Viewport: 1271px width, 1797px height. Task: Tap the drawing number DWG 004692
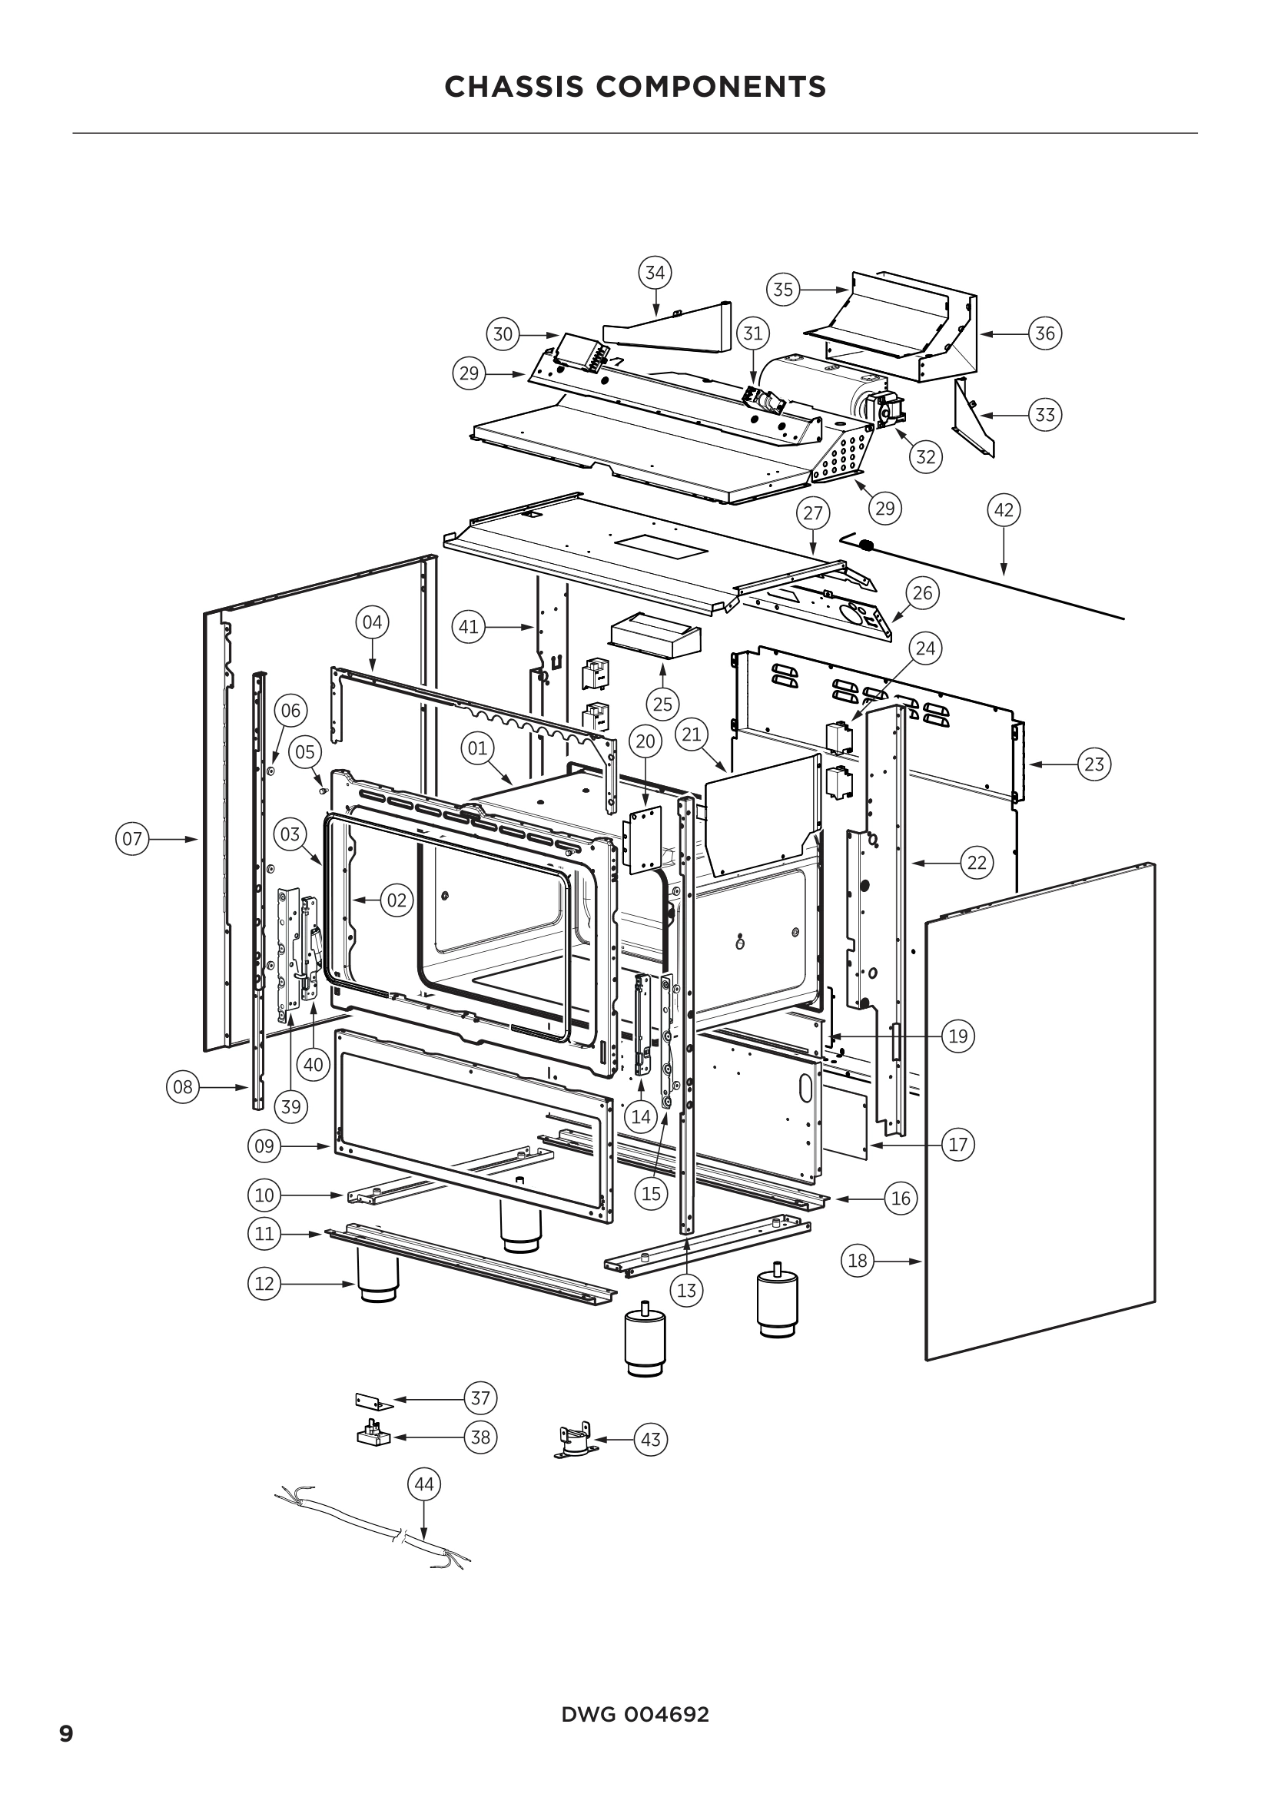pyautogui.click(x=635, y=1714)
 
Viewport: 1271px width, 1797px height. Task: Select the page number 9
pyautogui.click(x=67, y=1733)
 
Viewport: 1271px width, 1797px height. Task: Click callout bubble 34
pyautogui.click(x=655, y=273)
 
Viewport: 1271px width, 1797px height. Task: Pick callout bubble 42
pyautogui.click(x=1004, y=510)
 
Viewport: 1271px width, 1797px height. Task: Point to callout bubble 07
pyautogui.click(x=132, y=839)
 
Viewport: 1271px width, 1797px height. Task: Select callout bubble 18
pyautogui.click(x=858, y=1261)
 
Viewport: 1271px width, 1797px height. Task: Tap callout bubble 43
pyautogui.click(x=650, y=1439)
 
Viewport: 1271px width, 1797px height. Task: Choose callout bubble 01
pyautogui.click(x=477, y=748)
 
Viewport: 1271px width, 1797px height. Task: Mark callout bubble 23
pyautogui.click(x=1094, y=763)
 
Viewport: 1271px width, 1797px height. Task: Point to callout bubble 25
pyautogui.click(x=663, y=704)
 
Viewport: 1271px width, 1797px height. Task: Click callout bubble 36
pyautogui.click(x=1046, y=333)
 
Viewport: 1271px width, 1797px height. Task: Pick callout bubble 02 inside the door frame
pyautogui.click(x=397, y=900)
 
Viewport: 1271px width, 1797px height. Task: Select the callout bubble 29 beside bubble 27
pyautogui.click(x=884, y=509)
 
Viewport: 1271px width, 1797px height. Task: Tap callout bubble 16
pyautogui.click(x=901, y=1199)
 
